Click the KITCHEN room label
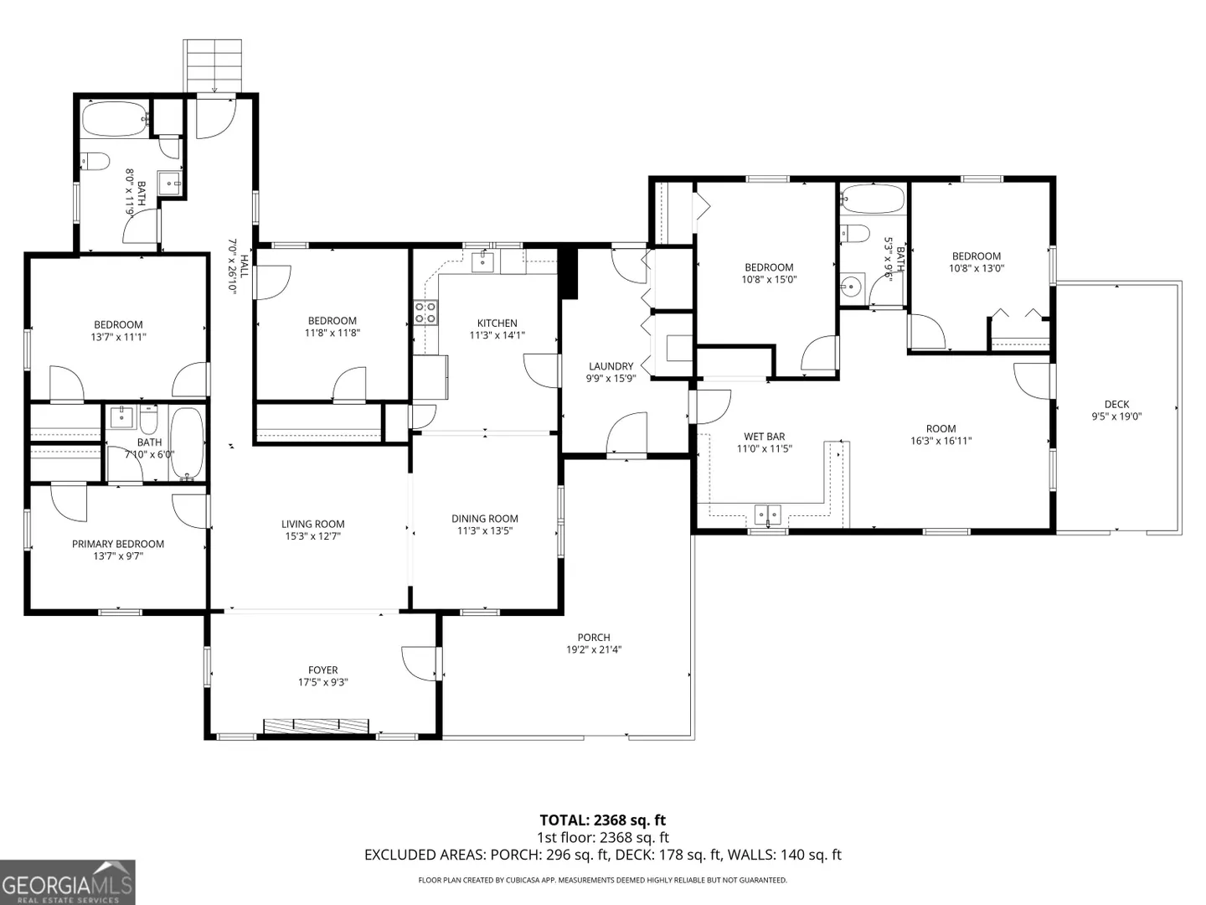[497, 323]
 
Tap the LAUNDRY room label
[611, 366]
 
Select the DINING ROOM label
[485, 518]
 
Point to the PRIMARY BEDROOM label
[118, 544]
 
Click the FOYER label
[323, 670]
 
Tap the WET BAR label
[765, 437]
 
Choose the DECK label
[1116, 405]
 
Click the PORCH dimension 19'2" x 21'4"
[594, 649]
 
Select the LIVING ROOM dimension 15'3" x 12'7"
[312, 536]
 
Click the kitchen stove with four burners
[425, 313]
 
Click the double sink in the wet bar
[767, 515]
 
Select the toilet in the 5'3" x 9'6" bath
[854, 233]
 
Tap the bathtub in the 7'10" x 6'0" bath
[187, 444]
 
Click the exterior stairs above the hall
[213, 66]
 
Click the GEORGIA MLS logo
[67, 882]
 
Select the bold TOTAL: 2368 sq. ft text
[603, 820]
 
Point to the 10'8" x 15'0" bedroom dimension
[769, 279]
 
